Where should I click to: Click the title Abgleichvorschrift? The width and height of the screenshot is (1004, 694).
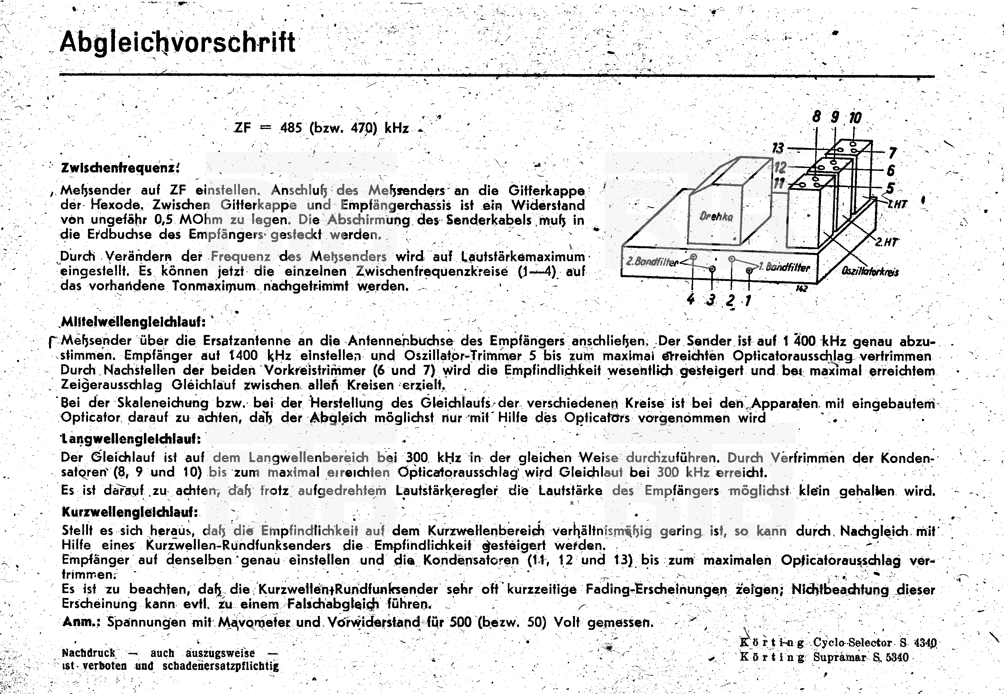178,43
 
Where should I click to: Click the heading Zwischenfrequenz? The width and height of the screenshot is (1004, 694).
120,168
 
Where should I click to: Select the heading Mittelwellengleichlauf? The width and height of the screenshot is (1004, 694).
133,322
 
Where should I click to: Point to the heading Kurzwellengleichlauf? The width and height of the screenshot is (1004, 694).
130,512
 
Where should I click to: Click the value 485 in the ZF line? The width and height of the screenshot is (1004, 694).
291,128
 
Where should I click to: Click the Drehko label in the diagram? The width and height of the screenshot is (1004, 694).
716,216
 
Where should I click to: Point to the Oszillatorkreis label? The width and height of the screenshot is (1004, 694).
870,271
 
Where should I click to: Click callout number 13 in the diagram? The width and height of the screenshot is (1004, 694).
778,148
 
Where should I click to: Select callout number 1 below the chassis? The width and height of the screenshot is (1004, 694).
747,300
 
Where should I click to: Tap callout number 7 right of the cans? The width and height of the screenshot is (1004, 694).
892,153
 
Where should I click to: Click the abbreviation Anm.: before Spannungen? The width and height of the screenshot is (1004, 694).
81,622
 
